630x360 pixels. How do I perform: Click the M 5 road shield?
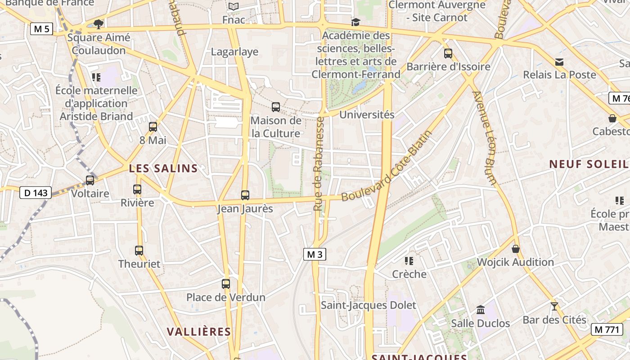(x=41, y=29)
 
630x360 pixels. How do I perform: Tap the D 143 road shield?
(x=36, y=193)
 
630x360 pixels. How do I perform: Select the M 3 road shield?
(x=314, y=254)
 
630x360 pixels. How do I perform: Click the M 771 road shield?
(x=607, y=329)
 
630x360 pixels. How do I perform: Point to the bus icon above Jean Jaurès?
(x=245, y=195)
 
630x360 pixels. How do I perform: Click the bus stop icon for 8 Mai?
(x=153, y=126)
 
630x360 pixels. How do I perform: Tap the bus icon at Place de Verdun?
(x=226, y=283)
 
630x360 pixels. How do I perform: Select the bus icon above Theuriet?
(x=139, y=250)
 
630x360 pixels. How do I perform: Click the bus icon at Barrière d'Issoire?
(x=448, y=53)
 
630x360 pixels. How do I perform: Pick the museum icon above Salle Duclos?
(x=481, y=310)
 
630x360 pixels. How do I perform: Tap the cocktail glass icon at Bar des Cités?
(x=554, y=306)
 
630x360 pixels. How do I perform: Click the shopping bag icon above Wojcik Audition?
(x=516, y=248)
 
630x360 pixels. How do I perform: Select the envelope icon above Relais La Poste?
(x=559, y=62)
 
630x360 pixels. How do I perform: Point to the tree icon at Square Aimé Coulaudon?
(x=98, y=23)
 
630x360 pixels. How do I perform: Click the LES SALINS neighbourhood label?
(x=163, y=168)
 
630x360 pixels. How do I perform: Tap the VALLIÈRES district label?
(x=199, y=332)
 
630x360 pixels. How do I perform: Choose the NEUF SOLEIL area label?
(x=589, y=164)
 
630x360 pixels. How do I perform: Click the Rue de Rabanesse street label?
(x=319, y=164)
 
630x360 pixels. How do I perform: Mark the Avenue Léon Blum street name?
(x=485, y=138)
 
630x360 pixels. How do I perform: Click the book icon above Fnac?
(x=233, y=6)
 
